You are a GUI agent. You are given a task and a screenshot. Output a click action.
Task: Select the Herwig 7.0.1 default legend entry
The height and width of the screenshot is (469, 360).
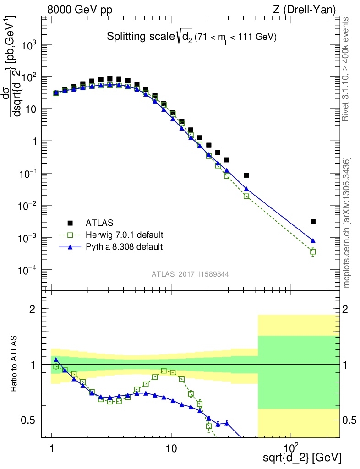(x=124, y=235)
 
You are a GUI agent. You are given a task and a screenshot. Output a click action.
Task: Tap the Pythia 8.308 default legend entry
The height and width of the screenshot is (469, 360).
(x=124, y=247)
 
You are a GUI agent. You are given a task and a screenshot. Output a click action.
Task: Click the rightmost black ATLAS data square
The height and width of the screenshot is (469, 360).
(x=313, y=222)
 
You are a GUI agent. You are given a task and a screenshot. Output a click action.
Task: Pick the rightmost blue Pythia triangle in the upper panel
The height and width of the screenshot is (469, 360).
(x=313, y=240)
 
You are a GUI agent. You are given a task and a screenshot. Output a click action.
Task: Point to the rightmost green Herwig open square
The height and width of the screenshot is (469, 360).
(x=313, y=251)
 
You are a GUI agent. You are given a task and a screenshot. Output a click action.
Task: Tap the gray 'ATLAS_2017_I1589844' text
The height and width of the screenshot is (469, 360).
(x=190, y=274)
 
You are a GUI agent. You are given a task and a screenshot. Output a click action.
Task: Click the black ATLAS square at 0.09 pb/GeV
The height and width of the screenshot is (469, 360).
(x=246, y=175)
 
